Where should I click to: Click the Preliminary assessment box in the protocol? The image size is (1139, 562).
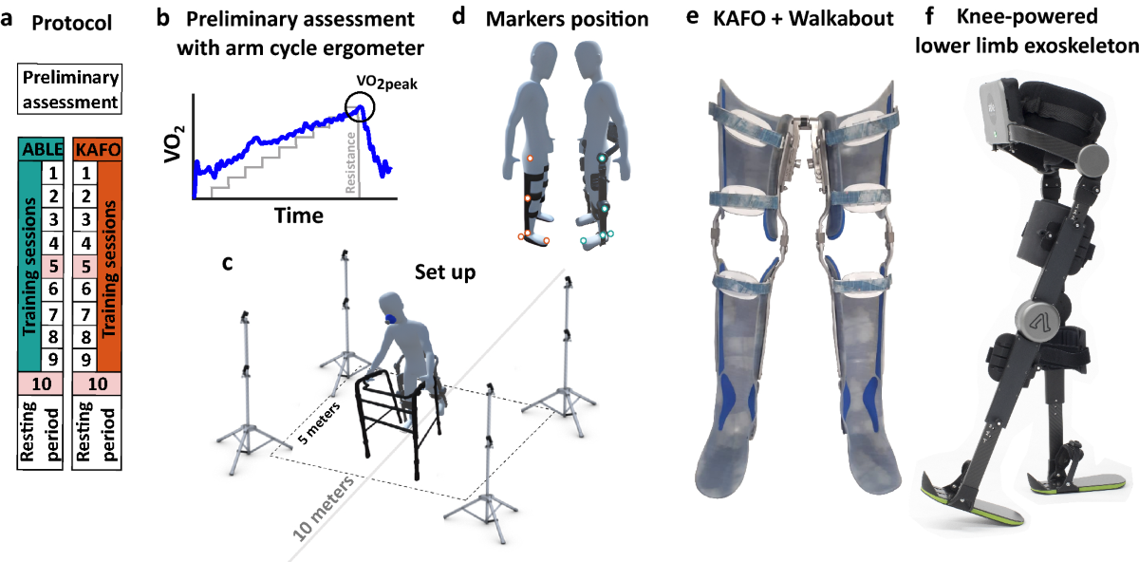click(71, 90)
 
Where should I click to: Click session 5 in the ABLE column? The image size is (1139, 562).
click(53, 267)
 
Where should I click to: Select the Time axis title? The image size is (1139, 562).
click(299, 216)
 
